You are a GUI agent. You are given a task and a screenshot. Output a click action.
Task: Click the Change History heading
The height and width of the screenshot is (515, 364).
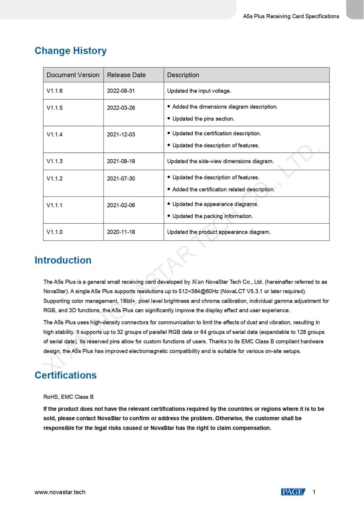pyautogui.click(x=70, y=51)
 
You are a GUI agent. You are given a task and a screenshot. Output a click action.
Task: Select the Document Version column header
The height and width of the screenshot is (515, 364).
pyautogui.click(x=73, y=75)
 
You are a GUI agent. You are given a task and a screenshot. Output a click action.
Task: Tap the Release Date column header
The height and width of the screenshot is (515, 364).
pyautogui.click(x=126, y=75)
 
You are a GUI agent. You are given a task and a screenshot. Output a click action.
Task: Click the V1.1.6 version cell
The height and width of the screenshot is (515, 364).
pyautogui.click(x=54, y=91)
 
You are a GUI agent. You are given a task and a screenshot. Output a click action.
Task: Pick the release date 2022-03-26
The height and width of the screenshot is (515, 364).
pyautogui.click(x=121, y=108)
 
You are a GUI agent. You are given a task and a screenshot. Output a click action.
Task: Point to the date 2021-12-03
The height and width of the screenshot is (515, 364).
pyautogui.click(x=121, y=135)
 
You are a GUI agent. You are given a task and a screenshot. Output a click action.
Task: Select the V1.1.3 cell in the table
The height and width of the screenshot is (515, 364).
pyautogui.click(x=54, y=161)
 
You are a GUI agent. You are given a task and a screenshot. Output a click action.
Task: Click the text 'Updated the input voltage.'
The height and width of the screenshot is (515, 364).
pyautogui.click(x=199, y=91)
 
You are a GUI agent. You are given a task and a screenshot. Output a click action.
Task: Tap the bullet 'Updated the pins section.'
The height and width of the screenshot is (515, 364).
pyautogui.click(x=203, y=119)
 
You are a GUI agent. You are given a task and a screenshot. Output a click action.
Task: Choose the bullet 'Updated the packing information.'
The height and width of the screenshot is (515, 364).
pyautogui.click(x=212, y=216)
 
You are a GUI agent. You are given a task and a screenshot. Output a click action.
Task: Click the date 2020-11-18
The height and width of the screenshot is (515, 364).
pyautogui.click(x=121, y=232)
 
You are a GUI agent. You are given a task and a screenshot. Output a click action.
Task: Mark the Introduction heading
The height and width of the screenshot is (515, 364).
pyautogui.click(x=63, y=260)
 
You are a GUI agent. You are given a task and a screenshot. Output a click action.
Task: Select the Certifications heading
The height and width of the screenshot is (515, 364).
pyautogui.click(x=65, y=375)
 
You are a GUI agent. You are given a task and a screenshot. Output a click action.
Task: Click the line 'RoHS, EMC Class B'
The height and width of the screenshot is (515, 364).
pyautogui.click(x=68, y=397)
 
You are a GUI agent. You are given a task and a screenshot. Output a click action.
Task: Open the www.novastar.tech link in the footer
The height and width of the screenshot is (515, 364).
pyautogui.click(x=60, y=492)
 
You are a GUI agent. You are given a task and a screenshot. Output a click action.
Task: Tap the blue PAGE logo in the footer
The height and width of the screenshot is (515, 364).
pyautogui.click(x=293, y=492)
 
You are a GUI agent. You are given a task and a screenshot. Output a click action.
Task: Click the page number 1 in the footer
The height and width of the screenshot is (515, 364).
pyautogui.click(x=314, y=492)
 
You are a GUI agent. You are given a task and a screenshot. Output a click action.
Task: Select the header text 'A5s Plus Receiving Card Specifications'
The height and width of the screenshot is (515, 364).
pyautogui.click(x=291, y=16)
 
